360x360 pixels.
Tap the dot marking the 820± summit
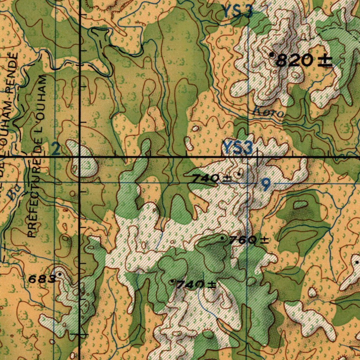click(x=272, y=55)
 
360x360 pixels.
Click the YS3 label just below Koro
click(x=238, y=148)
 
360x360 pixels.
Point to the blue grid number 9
click(x=266, y=185)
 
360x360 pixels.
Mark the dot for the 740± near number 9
click(x=239, y=174)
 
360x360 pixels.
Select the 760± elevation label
click(x=249, y=240)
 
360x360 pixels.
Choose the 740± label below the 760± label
click(x=196, y=284)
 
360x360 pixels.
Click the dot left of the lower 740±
click(x=172, y=282)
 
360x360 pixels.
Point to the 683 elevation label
click(x=41, y=279)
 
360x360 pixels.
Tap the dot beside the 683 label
click(x=60, y=274)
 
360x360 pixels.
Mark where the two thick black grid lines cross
click(x=80, y=156)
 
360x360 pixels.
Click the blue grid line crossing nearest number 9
click(x=248, y=183)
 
